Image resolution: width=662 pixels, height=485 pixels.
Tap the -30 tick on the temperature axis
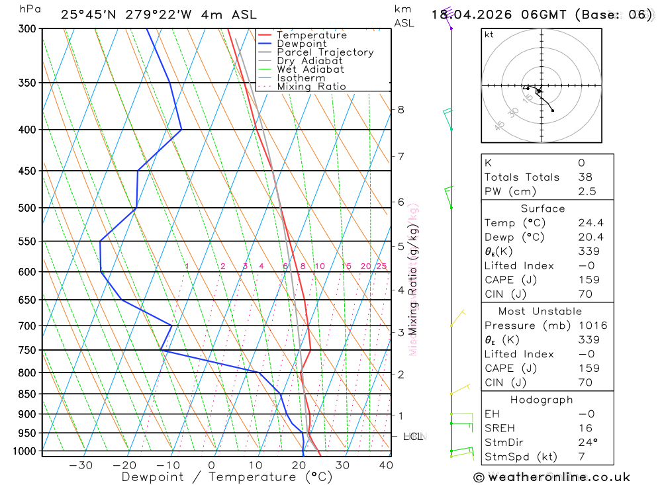point(81,465)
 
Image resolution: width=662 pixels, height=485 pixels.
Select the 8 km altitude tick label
point(401,109)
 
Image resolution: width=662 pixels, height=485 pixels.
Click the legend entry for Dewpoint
point(301,44)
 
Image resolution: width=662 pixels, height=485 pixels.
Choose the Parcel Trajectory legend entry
point(324,52)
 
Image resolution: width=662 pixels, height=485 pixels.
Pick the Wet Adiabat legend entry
point(310,69)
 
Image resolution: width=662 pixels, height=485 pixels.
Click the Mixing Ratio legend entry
point(311,87)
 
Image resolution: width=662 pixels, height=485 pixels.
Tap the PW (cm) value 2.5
point(587,191)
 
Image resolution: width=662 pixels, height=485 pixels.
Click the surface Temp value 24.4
point(590,223)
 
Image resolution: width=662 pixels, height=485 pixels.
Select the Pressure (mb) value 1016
point(592,326)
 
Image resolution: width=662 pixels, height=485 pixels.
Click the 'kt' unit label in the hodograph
point(489,34)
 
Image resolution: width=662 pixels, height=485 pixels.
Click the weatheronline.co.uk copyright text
point(552,477)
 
